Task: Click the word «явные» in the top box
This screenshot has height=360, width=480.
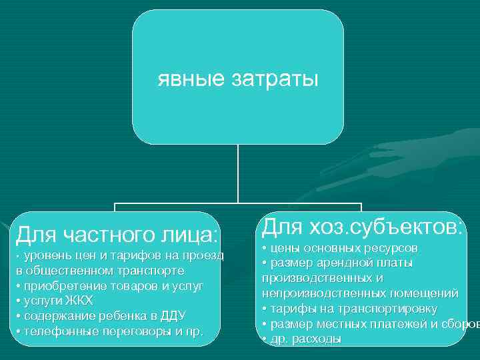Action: click(x=190, y=80)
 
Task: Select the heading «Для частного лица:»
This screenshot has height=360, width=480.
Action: click(x=117, y=234)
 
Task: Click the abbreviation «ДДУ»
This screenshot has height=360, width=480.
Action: click(x=173, y=315)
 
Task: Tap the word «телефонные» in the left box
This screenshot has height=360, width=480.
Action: click(x=56, y=331)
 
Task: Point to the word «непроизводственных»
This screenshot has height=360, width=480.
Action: click(x=313, y=293)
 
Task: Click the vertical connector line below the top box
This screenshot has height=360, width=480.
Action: click(x=238, y=173)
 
